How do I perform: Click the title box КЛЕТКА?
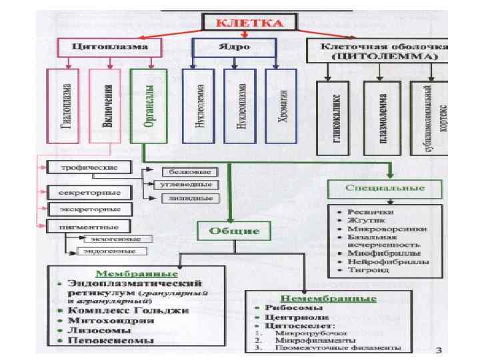pyautogui.click(x=251, y=23)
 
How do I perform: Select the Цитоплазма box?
pyautogui.click(x=111, y=48)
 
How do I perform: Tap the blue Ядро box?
pyautogui.click(x=234, y=48)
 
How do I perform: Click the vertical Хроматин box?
pyautogui.click(x=279, y=105)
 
